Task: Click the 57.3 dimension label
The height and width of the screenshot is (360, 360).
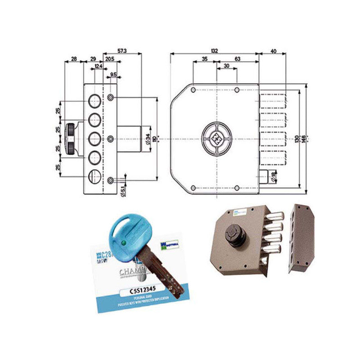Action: point(122,51)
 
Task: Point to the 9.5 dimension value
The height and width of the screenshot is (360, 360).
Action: point(113,74)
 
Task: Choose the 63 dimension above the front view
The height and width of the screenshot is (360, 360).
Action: point(237,59)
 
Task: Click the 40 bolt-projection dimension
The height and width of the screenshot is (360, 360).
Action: point(273,51)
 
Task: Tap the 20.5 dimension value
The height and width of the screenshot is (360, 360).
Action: point(109,59)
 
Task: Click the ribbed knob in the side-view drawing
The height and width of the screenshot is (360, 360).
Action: point(71,138)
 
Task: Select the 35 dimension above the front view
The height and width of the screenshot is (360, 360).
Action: point(204,59)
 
